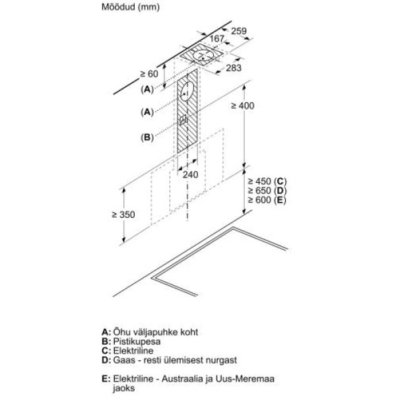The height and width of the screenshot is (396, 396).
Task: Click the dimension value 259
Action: (x=240, y=30)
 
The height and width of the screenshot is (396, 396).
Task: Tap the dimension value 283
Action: (x=234, y=68)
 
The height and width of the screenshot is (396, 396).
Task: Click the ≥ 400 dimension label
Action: (x=260, y=106)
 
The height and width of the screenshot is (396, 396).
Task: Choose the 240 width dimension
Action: (x=190, y=175)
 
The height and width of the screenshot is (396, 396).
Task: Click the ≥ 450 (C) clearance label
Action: (x=267, y=181)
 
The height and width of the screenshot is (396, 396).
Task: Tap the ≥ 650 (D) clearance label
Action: (x=267, y=190)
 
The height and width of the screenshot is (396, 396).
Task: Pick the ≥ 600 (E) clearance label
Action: (x=267, y=199)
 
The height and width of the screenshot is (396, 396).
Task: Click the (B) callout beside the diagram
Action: (x=147, y=137)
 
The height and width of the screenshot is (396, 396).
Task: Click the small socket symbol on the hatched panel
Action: (x=184, y=121)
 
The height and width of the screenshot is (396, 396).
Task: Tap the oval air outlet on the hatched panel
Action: (x=187, y=92)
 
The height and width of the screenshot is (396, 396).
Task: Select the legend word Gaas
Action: (x=124, y=360)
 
